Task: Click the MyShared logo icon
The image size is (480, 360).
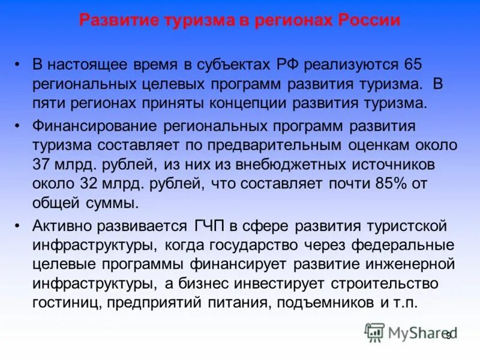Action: click(x=374, y=331)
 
